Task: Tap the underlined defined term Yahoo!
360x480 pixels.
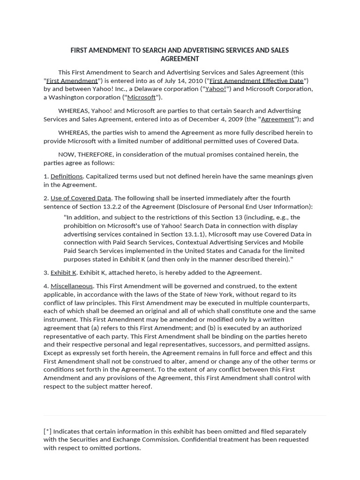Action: click(x=216, y=89)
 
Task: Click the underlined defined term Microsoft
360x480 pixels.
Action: click(x=141, y=97)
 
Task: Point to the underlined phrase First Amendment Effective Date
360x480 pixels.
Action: click(x=256, y=81)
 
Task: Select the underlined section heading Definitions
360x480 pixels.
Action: click(x=67, y=176)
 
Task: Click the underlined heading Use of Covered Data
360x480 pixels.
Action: click(x=81, y=198)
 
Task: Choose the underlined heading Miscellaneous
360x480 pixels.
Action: click(x=72, y=286)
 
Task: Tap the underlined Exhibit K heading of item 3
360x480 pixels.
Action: click(x=63, y=272)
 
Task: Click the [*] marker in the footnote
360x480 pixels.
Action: click(x=47, y=431)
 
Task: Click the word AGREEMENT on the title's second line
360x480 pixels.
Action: click(x=180, y=59)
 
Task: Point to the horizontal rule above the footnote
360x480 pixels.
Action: click(x=185, y=415)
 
